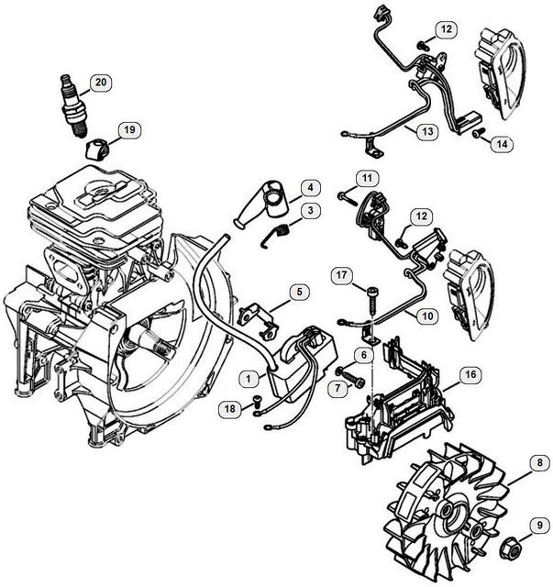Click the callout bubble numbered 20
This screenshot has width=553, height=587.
[99, 83]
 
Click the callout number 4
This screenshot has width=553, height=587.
[310, 189]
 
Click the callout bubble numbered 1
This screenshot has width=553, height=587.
[248, 377]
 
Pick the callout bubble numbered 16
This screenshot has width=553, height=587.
[469, 375]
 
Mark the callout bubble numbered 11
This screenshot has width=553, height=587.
[367, 177]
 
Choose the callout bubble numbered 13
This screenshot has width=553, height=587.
[428, 131]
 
